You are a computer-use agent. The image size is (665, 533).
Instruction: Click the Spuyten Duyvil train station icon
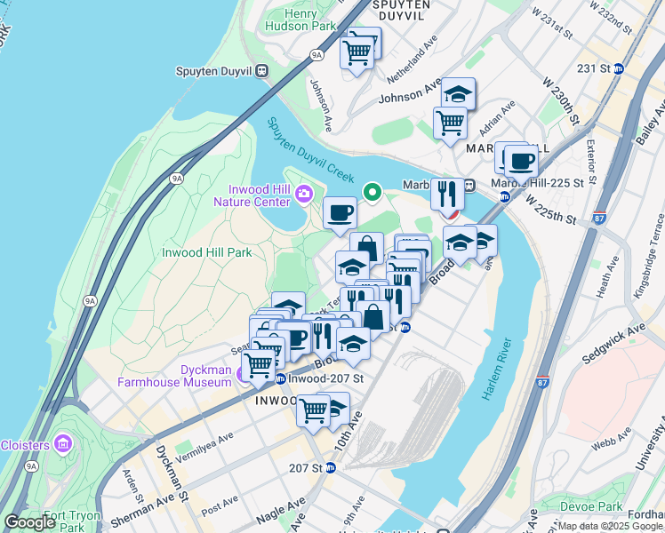click(x=261, y=70)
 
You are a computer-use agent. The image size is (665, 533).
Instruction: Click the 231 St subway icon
click(x=619, y=68)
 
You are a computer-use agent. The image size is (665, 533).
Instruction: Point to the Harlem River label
click(x=497, y=370)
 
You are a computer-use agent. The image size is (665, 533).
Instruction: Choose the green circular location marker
click(x=373, y=191)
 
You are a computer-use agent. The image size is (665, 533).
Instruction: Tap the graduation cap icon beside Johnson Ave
click(x=458, y=93)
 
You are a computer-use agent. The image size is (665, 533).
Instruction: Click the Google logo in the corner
click(x=29, y=522)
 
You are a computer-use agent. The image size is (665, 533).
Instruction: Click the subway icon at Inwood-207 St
click(x=280, y=379)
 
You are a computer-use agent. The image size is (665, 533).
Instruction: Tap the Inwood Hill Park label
click(x=206, y=252)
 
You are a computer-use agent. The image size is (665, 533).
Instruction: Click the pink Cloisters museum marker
click(x=62, y=443)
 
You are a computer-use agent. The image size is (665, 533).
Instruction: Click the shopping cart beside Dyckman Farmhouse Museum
click(x=259, y=363)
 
